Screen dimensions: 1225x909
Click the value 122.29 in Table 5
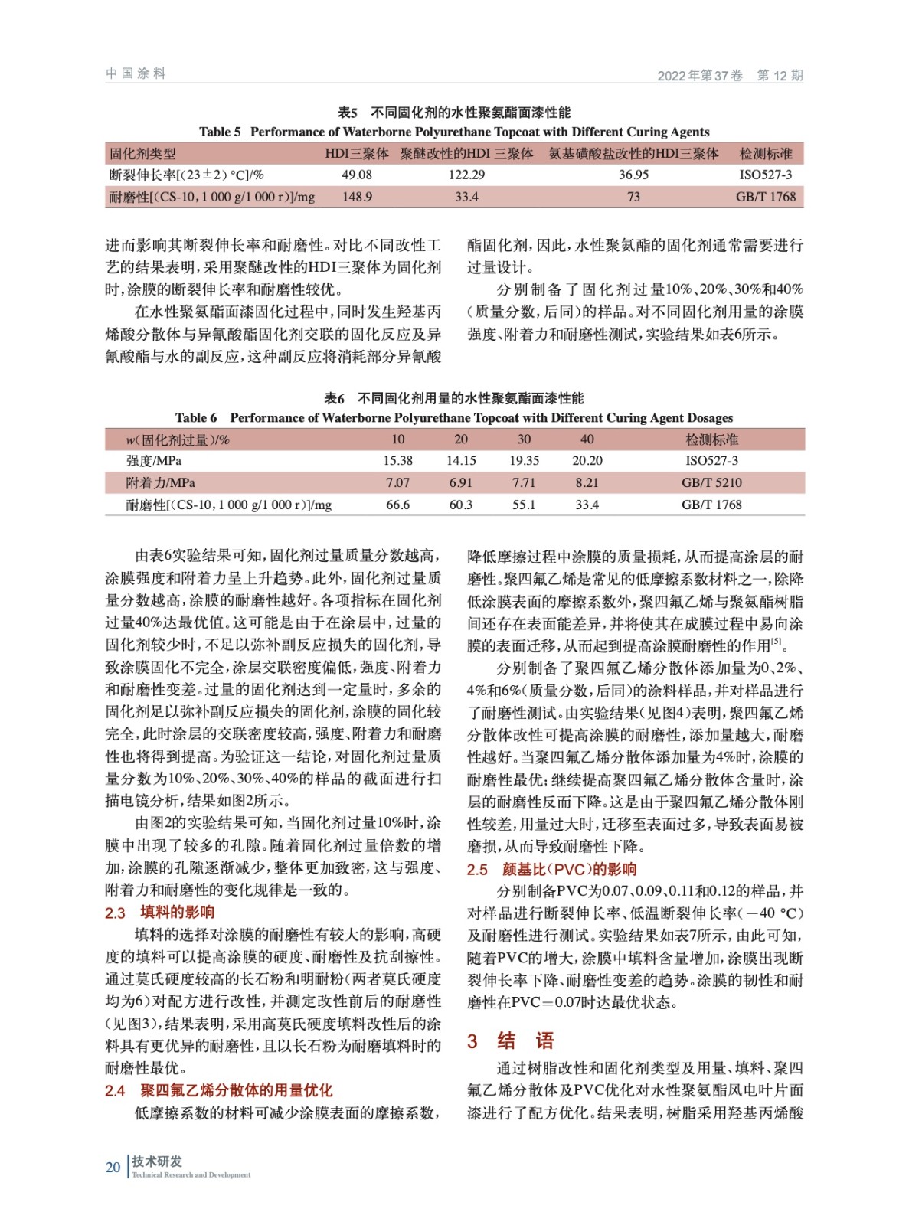point(466,175)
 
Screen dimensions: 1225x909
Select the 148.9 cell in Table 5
point(357,197)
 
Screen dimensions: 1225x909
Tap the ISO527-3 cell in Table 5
point(765,175)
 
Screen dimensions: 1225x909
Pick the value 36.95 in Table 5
point(633,175)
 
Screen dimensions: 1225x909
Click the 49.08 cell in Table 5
point(357,175)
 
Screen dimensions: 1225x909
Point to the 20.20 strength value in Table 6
point(587,461)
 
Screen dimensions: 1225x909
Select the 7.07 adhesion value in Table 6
point(397,483)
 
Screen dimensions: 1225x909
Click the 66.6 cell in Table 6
point(397,505)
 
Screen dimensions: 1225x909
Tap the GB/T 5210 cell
point(711,483)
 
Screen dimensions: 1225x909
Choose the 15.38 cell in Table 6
point(397,461)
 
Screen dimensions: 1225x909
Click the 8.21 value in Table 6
point(587,483)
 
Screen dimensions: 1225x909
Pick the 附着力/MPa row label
point(160,483)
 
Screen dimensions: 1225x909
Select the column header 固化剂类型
point(142,154)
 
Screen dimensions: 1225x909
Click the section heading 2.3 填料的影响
point(159,913)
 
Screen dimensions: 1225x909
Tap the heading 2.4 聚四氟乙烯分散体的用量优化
point(218,1091)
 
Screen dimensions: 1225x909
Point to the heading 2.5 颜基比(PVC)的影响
point(551,870)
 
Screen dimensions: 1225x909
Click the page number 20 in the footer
point(113,1168)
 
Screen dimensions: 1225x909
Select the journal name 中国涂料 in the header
point(136,73)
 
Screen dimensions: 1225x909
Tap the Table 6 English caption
point(454,418)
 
